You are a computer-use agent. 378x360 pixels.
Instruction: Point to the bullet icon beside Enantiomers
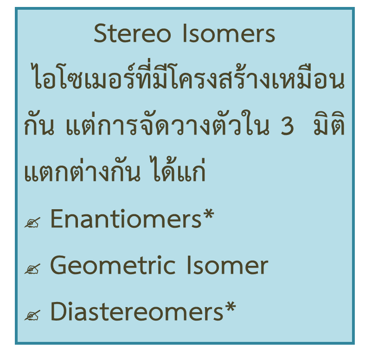click(x=32, y=223)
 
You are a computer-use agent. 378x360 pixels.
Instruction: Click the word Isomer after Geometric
click(x=227, y=266)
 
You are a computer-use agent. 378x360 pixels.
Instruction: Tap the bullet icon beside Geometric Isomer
click(x=32, y=269)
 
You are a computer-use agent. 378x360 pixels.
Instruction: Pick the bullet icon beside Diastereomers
click(x=32, y=315)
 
